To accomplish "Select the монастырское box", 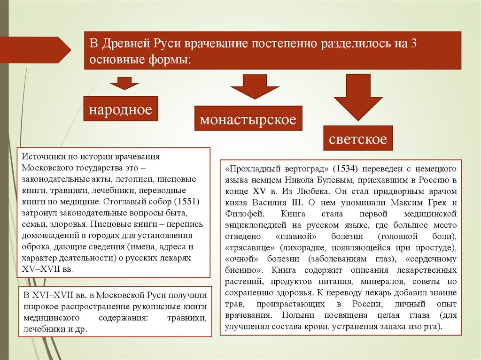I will [x=248, y=119].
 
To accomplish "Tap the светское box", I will [x=358, y=139].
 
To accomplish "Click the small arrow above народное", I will [x=124, y=84].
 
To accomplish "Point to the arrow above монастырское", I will [x=255, y=86].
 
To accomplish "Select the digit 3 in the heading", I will [x=413, y=44].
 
